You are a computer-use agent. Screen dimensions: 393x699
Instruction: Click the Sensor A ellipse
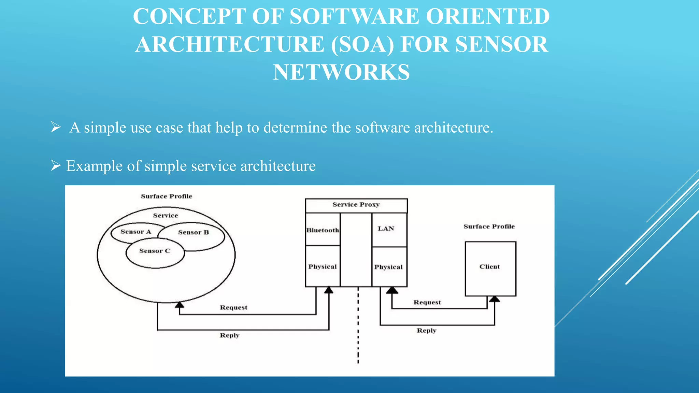point(135,232)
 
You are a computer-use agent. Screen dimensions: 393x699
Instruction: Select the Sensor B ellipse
point(194,233)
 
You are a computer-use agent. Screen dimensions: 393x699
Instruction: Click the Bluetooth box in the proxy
point(323,230)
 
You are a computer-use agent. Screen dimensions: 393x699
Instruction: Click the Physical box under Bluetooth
point(323,266)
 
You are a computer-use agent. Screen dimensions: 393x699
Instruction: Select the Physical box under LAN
point(389,267)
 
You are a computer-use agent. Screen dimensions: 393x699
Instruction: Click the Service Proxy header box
point(356,205)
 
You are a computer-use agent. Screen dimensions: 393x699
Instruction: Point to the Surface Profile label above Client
point(489,227)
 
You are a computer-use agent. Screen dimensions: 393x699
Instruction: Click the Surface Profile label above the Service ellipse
point(167,196)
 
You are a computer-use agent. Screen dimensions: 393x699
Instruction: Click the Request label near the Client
point(427,302)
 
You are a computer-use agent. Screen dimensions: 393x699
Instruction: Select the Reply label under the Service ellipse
point(230,335)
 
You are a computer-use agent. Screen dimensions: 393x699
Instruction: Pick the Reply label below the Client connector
point(426,331)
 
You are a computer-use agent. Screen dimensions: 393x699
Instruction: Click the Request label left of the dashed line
point(233,307)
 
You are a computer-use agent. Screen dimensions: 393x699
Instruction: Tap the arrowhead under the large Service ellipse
point(180,305)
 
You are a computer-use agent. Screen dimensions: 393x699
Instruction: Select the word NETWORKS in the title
point(341,72)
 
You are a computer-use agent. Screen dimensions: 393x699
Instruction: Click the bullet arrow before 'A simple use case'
point(56,127)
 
